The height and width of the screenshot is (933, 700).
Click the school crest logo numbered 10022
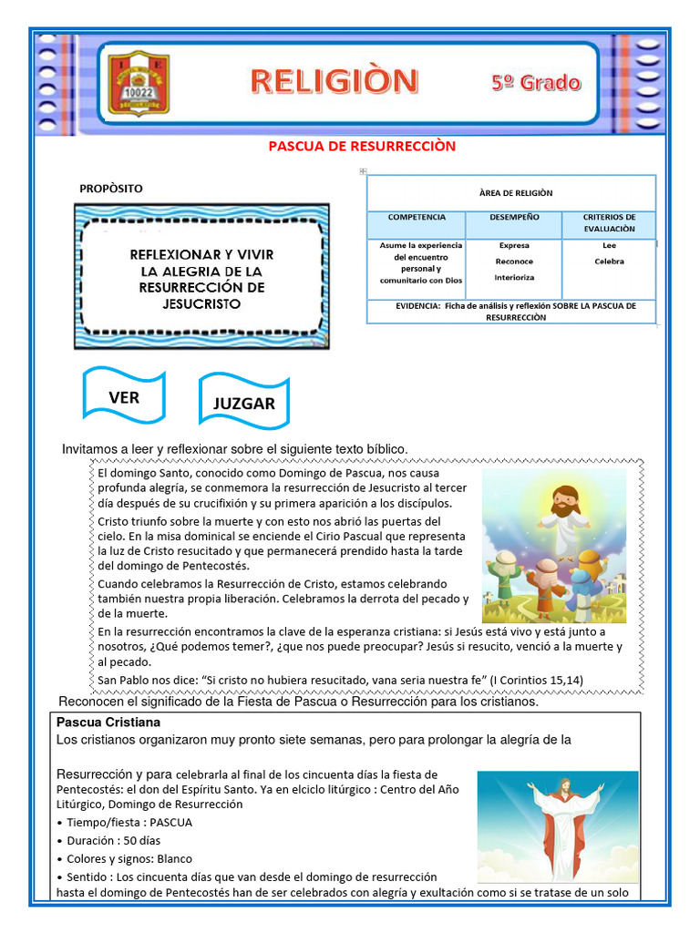139,83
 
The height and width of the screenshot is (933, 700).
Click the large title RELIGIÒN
335,81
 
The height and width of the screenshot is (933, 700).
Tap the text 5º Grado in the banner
536,83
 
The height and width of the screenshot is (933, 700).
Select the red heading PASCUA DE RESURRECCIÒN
361,146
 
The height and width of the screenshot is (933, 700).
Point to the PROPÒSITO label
111,189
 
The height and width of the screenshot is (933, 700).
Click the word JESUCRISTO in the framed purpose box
201,303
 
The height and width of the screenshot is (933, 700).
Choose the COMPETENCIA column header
416,218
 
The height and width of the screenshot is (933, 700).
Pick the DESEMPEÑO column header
513,218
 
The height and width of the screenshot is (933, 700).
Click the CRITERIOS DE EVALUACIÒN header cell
609,223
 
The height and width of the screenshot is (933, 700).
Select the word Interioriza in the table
514,277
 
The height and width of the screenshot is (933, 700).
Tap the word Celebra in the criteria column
609,261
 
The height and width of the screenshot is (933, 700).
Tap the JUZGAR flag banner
243,404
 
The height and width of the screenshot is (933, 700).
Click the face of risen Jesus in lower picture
565,785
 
